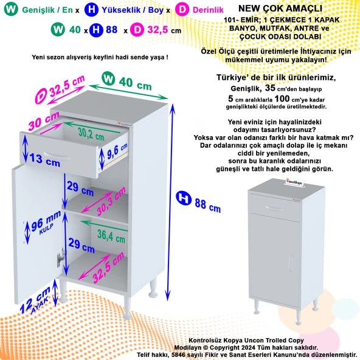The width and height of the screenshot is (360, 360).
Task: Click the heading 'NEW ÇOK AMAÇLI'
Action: [272, 10]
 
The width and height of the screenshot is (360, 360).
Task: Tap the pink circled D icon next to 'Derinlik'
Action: [181, 10]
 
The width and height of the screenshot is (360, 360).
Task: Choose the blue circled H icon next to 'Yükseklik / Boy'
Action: [91, 10]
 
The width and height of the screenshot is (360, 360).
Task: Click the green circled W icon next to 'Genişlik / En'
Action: [9, 10]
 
